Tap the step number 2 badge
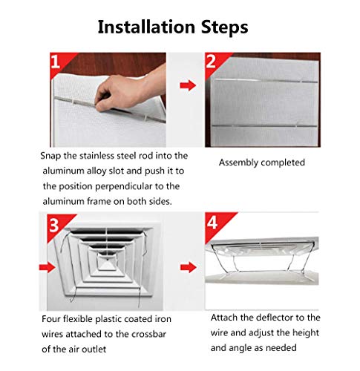(210, 62)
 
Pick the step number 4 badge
(210, 223)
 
